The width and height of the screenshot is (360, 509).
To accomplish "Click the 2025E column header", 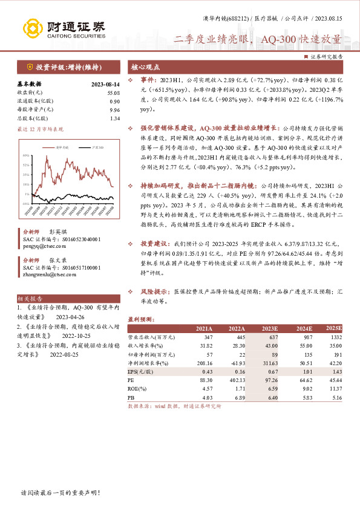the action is (x=333, y=328).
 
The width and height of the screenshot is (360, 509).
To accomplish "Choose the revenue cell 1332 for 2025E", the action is (x=336, y=336).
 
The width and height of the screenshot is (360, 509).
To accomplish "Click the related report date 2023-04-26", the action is (x=71, y=316).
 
